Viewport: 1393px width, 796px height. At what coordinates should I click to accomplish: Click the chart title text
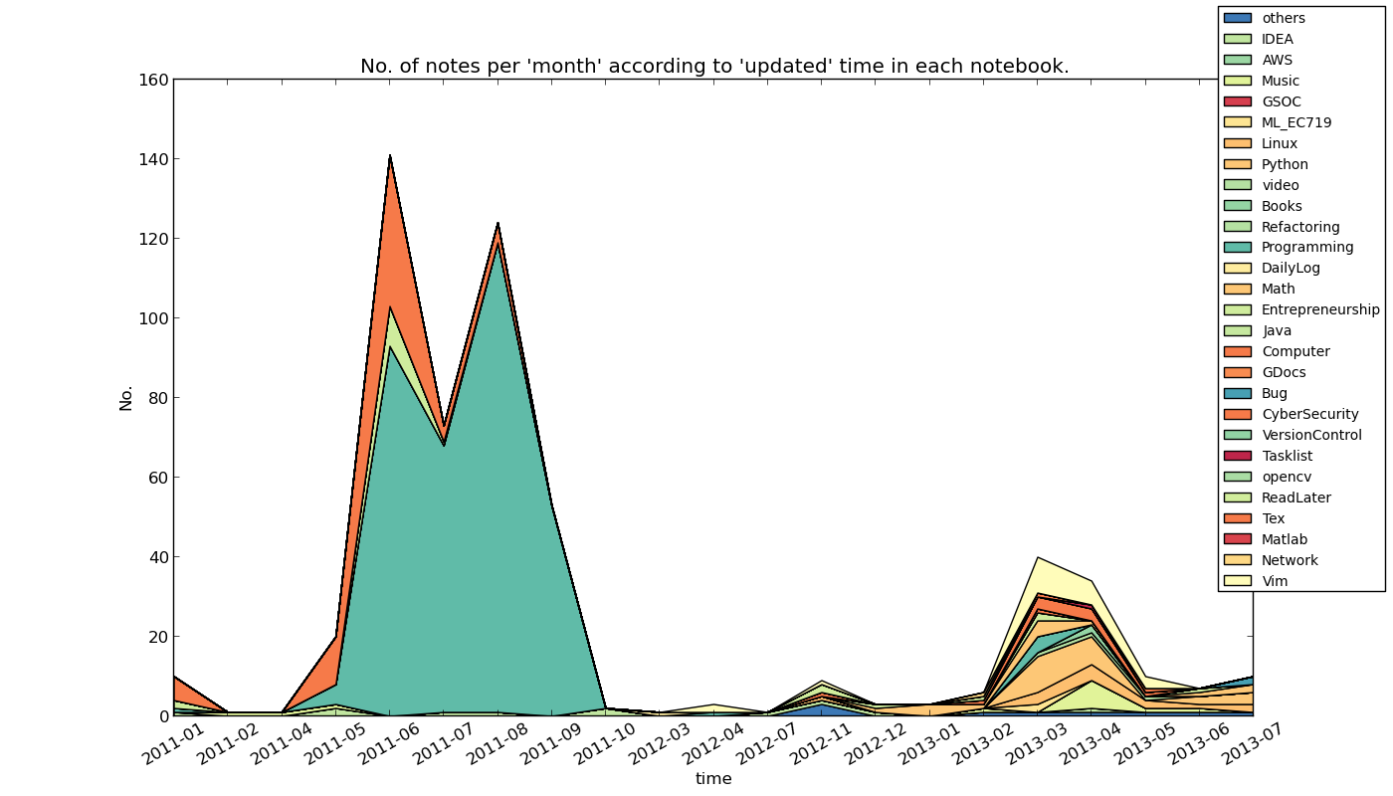point(714,67)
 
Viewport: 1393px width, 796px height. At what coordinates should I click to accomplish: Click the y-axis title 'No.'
point(126,397)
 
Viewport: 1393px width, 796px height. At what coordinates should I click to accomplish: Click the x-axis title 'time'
point(713,779)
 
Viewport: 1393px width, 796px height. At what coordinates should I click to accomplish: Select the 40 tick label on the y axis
point(155,557)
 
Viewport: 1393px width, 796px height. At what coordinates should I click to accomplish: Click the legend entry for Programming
point(1307,247)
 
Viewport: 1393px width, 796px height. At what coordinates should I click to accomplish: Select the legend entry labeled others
point(1284,18)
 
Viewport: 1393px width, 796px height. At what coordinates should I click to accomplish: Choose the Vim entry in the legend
point(1275,581)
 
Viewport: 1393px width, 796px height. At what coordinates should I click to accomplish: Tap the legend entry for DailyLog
point(1291,268)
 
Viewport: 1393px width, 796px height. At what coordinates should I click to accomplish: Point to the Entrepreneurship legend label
point(1320,309)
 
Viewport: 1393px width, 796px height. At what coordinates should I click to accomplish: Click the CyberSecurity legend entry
point(1309,414)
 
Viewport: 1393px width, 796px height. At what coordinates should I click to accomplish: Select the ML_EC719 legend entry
point(1296,122)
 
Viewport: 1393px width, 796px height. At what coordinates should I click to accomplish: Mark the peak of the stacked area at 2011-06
point(389,155)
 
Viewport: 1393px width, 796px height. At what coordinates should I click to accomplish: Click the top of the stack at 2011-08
point(497,223)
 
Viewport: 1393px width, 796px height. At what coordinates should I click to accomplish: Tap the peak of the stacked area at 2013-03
point(1038,557)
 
